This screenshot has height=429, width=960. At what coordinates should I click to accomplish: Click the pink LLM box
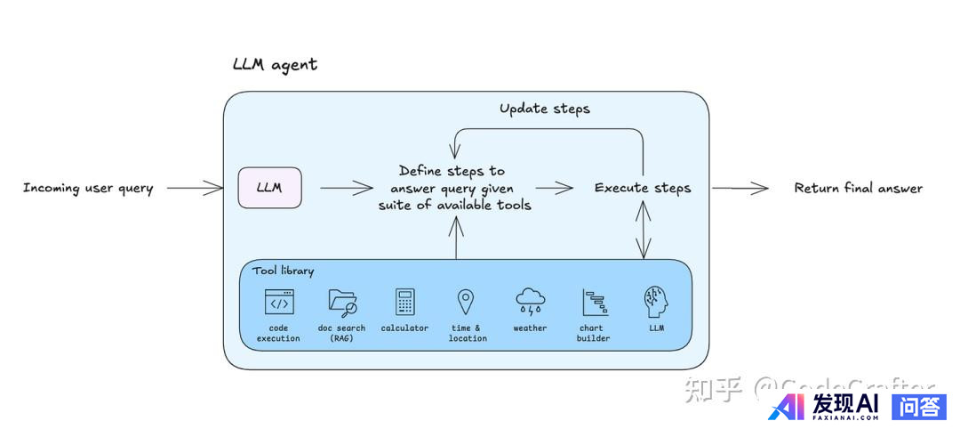(x=269, y=188)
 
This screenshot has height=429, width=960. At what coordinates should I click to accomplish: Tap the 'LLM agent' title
(x=274, y=65)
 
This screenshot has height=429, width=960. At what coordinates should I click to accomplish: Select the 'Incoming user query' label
(x=88, y=188)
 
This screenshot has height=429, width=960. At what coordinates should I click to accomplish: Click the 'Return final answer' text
(x=858, y=188)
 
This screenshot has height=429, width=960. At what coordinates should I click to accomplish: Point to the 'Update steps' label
(x=544, y=109)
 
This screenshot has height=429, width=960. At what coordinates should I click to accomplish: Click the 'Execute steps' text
(x=642, y=188)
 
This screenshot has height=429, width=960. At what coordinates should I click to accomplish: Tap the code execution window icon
(x=279, y=303)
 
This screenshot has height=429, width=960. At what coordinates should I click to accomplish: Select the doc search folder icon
(x=342, y=303)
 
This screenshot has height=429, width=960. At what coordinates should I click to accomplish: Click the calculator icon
(x=405, y=303)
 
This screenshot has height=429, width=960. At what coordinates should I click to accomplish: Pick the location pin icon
(x=465, y=301)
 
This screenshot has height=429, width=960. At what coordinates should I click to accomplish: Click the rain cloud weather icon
(x=531, y=302)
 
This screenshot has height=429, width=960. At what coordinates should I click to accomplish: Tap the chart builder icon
(x=593, y=303)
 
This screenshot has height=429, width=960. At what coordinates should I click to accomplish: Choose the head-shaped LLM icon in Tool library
(x=656, y=302)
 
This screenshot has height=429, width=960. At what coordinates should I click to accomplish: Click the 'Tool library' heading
(x=283, y=271)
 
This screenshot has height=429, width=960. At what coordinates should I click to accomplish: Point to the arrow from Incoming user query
(x=195, y=188)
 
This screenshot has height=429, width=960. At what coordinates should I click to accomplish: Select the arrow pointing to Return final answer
(x=740, y=188)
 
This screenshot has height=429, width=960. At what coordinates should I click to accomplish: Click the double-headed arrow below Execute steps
(x=643, y=230)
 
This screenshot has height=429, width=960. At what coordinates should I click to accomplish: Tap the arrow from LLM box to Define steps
(x=346, y=188)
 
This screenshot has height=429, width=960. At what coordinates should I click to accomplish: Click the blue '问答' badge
(x=918, y=407)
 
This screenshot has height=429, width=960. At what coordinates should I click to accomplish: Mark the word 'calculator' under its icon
(x=404, y=328)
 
